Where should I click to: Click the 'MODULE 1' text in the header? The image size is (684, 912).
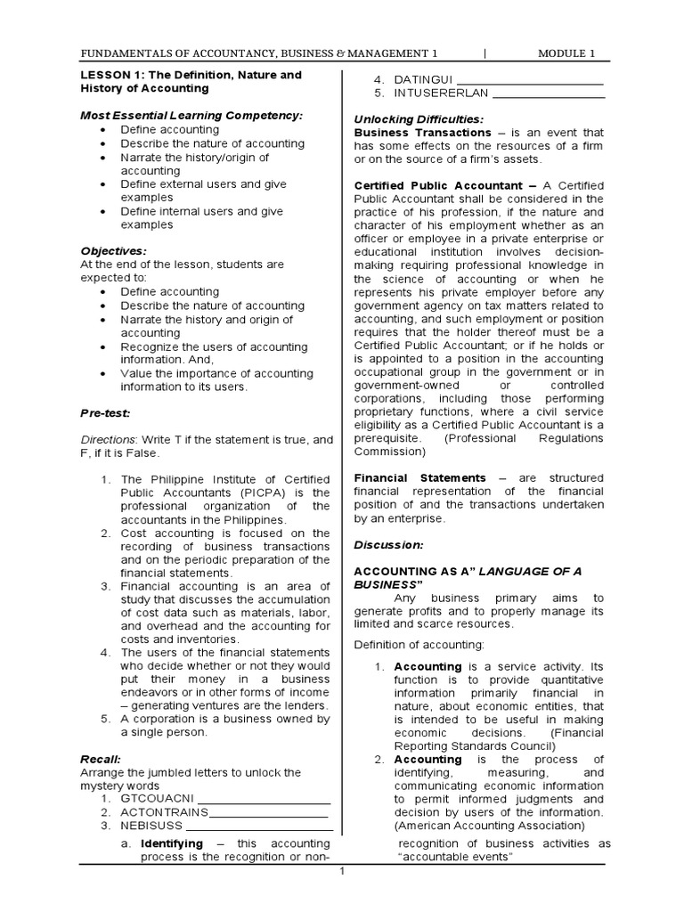[x=566, y=53]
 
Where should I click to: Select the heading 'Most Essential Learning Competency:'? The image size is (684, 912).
[x=191, y=116]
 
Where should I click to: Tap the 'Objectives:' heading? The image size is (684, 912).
[x=114, y=251]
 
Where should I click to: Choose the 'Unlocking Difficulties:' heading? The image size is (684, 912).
[x=419, y=119]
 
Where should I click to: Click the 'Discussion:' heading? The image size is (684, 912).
[x=389, y=544]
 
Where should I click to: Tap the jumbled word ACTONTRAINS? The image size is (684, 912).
[x=164, y=812]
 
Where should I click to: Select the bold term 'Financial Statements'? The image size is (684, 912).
[x=420, y=478]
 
